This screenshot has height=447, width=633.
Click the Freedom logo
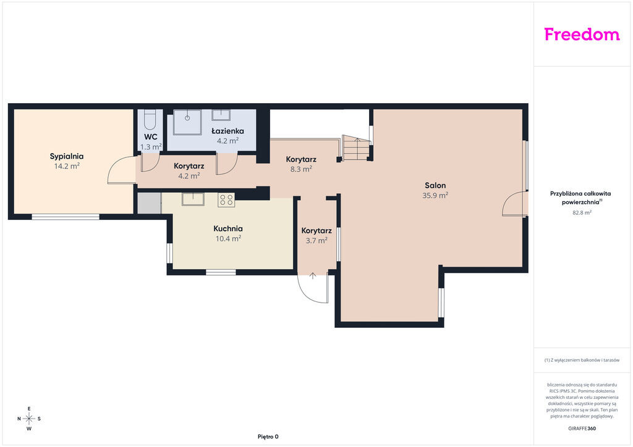[582, 34]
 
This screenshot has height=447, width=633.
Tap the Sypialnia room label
[67, 156]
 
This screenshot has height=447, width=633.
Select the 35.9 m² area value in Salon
[435, 196]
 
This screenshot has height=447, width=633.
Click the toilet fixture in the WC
[150, 119]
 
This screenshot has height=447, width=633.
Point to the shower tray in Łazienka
[187, 122]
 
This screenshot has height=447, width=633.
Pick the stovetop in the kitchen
[226, 200]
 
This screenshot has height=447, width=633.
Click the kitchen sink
[193, 199]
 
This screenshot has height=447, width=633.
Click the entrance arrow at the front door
[312, 276]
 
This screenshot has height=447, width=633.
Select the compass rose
[29, 419]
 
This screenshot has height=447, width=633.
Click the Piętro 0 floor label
[268, 437]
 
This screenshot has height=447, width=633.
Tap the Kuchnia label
[228, 228]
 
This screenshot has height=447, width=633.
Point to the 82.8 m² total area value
[582, 212]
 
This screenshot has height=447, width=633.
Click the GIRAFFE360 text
[582, 428]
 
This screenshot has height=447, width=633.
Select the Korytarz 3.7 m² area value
[316, 241]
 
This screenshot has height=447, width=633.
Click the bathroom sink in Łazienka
[221, 115]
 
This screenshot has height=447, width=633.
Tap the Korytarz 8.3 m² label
[301, 159]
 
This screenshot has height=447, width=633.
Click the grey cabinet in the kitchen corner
[149, 203]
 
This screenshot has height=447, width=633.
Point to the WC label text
[151, 136]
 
